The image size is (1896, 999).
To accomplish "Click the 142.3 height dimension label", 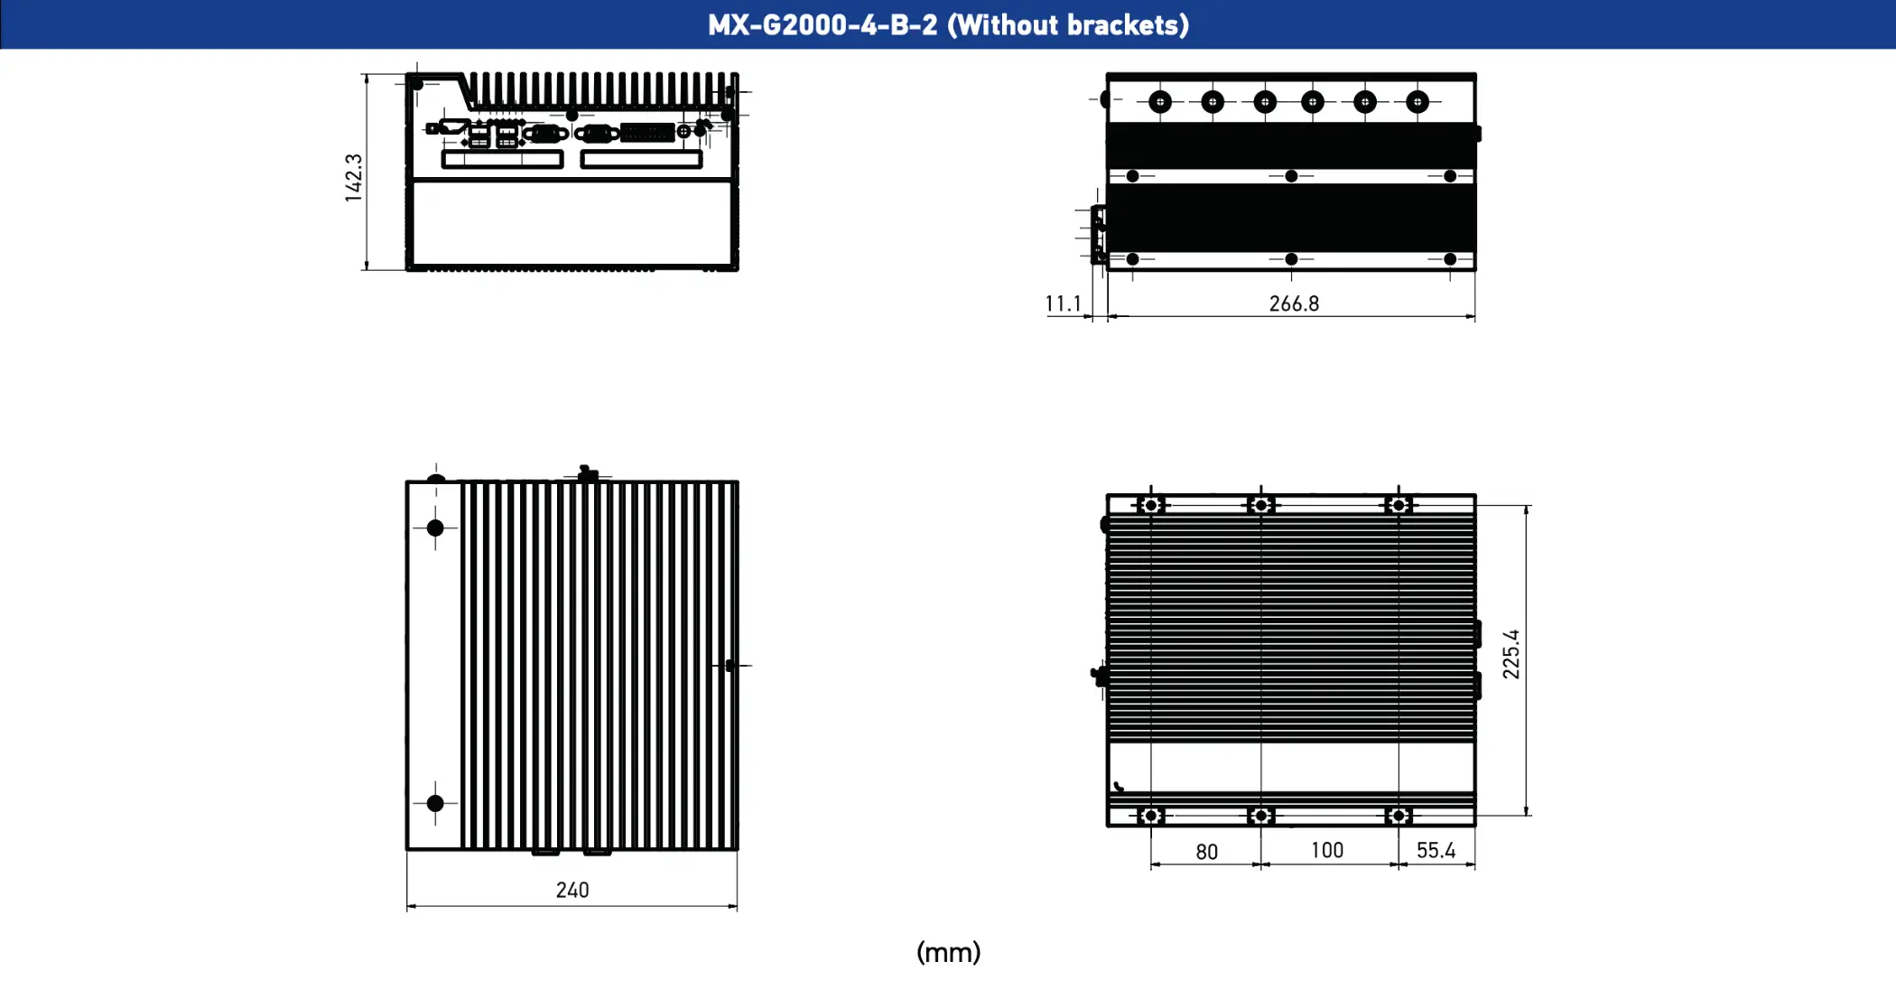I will point(353,177).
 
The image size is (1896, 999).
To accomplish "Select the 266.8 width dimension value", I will point(1294,303).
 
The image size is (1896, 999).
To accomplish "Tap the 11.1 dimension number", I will point(1063,303).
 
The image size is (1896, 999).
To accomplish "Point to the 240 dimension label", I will point(572,890).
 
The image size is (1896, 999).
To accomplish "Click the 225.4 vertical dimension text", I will point(1510,654).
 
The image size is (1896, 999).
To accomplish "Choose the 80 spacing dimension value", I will point(1206,852).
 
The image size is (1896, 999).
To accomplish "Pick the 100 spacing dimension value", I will point(1326,850).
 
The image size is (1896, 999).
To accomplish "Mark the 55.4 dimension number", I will point(1436,850).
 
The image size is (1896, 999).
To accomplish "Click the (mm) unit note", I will point(948,952).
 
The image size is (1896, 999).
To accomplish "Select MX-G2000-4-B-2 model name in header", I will point(823,24).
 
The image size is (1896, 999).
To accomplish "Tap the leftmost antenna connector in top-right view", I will point(1160,102).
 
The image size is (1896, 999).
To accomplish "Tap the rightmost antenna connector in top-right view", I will point(1417,102).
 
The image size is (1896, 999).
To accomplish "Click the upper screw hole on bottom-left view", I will point(435,528).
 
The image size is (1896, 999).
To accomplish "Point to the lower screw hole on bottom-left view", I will point(435,803).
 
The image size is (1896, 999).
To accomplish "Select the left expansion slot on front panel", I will point(502,160).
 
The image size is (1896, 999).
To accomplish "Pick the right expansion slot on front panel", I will point(641,160).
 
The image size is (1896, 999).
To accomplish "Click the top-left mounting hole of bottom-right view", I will point(1150,505).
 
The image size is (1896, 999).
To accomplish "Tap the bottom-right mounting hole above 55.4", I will point(1399,816).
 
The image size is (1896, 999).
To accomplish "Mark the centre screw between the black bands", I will point(1291,176).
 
